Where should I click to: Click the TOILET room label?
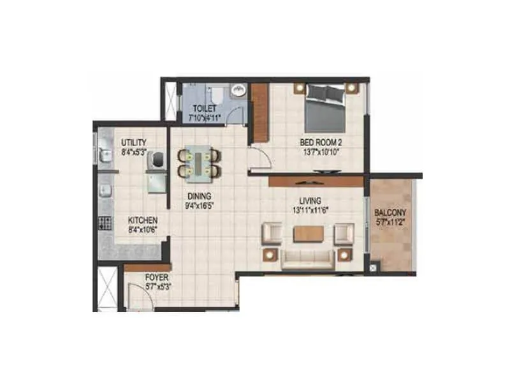204,108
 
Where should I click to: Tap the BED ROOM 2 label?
321,142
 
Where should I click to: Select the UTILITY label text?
134,142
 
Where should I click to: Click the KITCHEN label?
143,220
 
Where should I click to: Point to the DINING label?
199,196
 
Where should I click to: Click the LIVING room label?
310,200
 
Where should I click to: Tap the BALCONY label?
390,213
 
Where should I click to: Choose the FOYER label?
157,278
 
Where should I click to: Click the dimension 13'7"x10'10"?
321,152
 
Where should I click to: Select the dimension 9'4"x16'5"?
200,206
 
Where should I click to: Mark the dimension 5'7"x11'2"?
390,222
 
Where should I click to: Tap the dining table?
200,162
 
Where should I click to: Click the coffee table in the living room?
309,234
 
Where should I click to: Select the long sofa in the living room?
308,260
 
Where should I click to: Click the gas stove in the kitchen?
105,223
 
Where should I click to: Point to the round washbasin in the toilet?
239,90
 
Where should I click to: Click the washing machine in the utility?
157,160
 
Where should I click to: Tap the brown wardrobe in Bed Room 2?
260,113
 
